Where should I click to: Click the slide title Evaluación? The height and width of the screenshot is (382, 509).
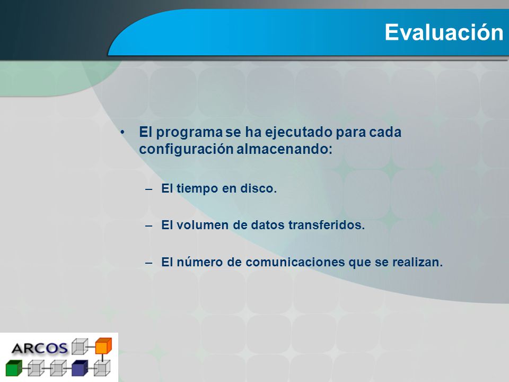click(444, 32)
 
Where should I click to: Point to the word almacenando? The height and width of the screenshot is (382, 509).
click(284, 149)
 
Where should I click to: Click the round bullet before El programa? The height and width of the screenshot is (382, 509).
click(122, 132)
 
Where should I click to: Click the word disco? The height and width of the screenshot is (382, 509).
click(258, 188)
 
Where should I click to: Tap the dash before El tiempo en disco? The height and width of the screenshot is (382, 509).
click(149, 189)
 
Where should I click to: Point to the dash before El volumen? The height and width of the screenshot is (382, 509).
click(149, 226)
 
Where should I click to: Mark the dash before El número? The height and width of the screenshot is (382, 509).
click(149, 263)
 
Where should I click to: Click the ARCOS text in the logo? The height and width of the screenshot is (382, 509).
click(40, 349)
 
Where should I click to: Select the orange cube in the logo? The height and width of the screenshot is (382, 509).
click(103, 346)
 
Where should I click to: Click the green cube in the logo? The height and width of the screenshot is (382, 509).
click(14, 368)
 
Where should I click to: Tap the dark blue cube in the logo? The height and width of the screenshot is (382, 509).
click(80, 368)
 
